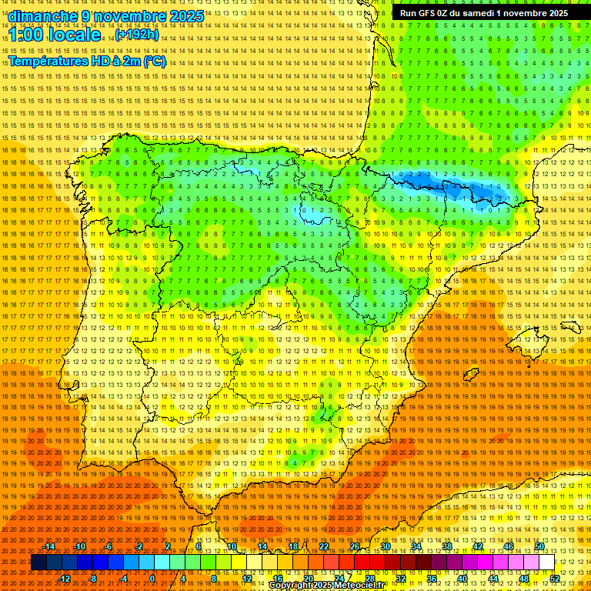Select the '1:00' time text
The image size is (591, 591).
25,35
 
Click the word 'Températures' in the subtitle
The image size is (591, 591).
47,61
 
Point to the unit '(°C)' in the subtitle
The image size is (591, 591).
154,61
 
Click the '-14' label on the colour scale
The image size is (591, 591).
49,546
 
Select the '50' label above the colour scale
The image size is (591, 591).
539,546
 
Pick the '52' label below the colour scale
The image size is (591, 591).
555,579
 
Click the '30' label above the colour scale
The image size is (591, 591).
386,546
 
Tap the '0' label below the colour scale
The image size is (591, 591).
153,579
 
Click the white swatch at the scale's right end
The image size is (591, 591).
547,563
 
